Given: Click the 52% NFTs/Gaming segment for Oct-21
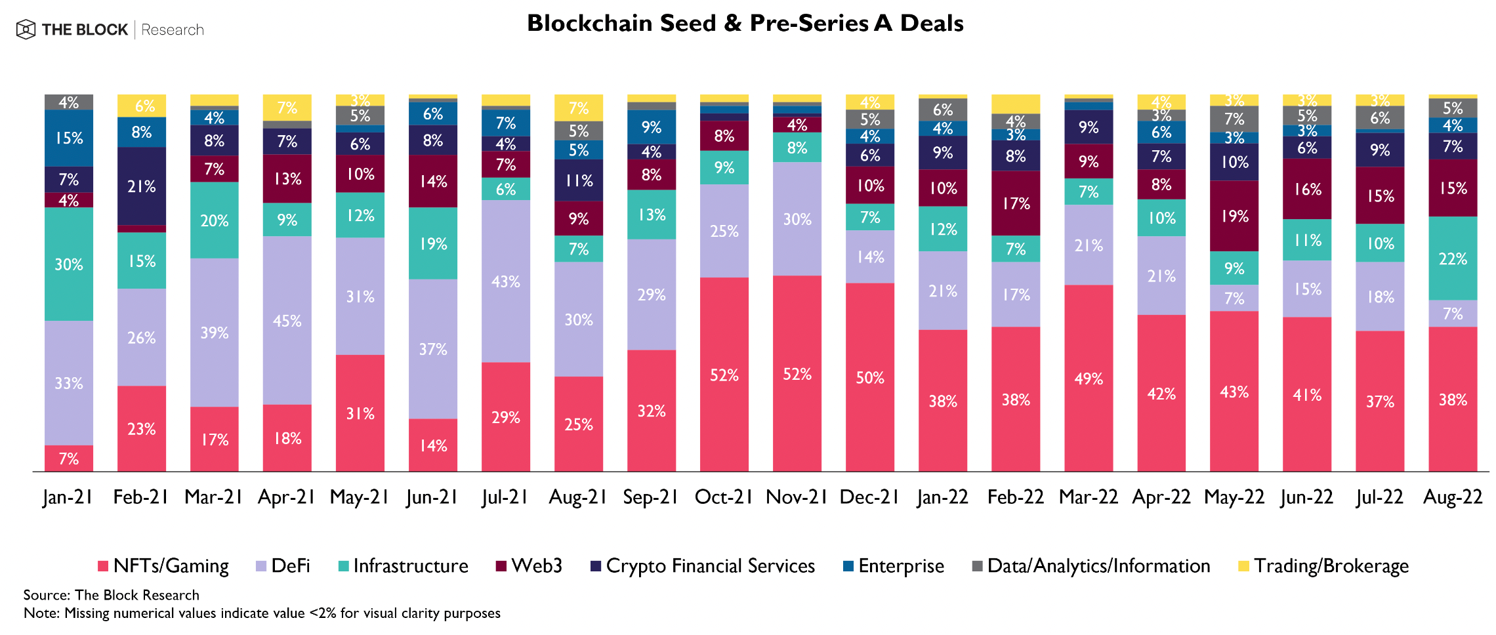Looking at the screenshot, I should point(724,375).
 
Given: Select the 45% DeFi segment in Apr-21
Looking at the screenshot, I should point(287,320).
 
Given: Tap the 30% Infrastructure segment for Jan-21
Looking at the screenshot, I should point(69,264).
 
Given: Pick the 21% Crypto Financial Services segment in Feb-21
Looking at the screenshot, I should point(141,186).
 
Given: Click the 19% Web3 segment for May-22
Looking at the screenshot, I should point(1234,216).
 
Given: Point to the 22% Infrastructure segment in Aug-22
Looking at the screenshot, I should point(1453,258).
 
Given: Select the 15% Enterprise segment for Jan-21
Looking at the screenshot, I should point(69,138).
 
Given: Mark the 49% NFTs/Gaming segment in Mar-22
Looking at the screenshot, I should point(1089,378).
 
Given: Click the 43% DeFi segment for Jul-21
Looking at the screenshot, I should point(505,281).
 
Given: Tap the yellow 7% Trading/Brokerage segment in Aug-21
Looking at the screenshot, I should point(578,108).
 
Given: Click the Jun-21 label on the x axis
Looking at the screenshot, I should point(432,497).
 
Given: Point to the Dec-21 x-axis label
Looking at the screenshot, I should point(869,497).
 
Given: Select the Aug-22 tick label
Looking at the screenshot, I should point(1453,497).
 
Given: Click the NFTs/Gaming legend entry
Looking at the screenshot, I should point(163,565).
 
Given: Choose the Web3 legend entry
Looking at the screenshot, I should point(530,565).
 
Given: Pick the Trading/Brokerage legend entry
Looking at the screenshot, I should point(1323,565).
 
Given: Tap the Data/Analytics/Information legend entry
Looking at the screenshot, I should point(1091,565).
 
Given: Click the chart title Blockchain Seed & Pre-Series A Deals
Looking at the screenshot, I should point(745,23).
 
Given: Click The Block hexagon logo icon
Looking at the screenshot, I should point(26,30).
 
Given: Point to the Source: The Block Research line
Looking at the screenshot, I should point(112,595).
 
